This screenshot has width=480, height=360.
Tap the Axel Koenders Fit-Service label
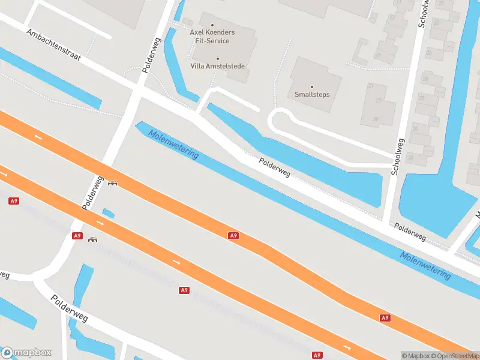tap(212, 36)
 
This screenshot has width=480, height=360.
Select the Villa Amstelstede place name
tap(217, 66)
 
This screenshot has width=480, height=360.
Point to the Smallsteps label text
tap(312, 94)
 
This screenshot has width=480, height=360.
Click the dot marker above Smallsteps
tap(312, 86)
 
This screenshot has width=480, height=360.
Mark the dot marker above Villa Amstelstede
tap(217, 58)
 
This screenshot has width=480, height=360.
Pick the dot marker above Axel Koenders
tap(212, 25)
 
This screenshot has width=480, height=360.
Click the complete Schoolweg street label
tap(398, 157)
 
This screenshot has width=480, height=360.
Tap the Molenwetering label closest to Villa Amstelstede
tap(173, 144)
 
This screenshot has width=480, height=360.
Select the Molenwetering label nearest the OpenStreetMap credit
tap(425, 265)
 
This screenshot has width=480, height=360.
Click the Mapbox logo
tap(26, 353)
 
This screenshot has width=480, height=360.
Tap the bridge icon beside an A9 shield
tap(93, 239)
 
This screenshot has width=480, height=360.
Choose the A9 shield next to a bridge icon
tap(77, 236)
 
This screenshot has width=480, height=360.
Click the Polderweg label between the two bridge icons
tap(93, 192)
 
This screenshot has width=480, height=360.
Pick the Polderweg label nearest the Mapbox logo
tap(69, 308)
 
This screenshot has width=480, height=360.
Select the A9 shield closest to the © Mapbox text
tap(385, 317)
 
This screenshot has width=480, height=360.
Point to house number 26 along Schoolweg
tap(410, 157)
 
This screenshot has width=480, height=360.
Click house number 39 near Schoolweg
tap(375, 119)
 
